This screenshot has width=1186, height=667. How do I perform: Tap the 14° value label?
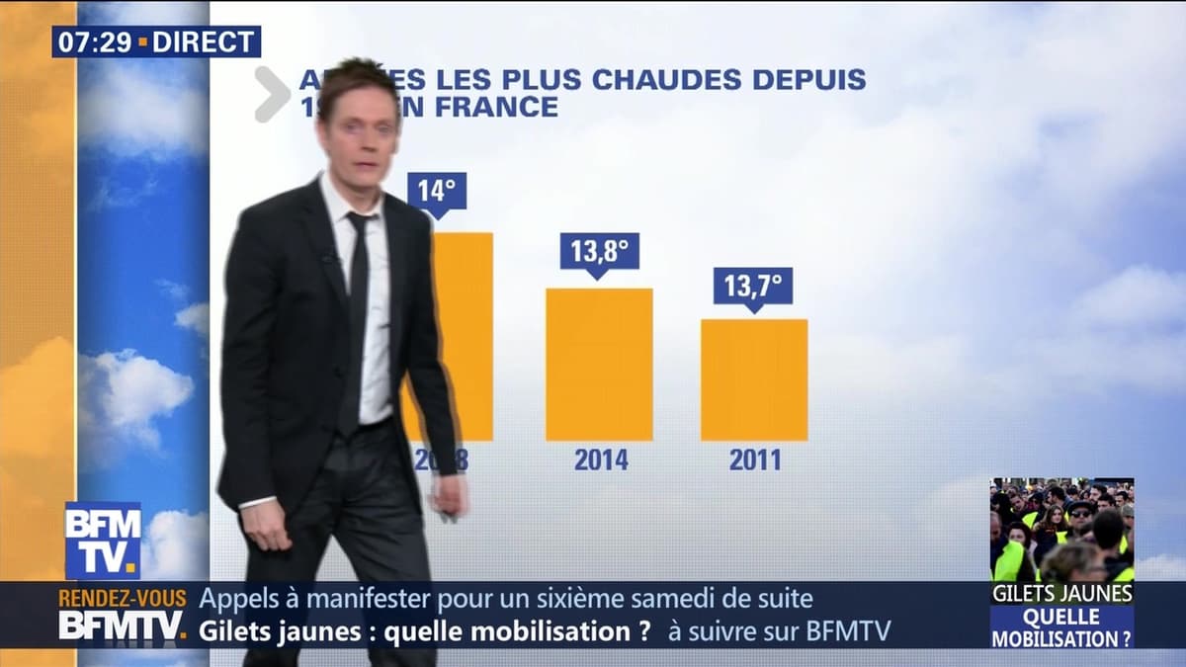click(x=436, y=191)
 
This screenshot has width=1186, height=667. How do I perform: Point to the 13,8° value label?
click(x=599, y=251)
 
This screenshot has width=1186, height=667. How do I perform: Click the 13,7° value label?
click(x=753, y=286)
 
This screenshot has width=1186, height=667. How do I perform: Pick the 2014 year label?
click(x=601, y=459)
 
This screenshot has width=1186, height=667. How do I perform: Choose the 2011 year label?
click(x=755, y=459)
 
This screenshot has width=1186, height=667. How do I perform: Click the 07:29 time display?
click(x=95, y=42)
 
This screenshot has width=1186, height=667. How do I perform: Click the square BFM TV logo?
click(x=103, y=540)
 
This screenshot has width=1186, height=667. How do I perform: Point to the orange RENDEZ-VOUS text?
click(x=123, y=599)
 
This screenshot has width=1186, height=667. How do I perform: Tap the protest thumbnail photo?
click(x=1061, y=530)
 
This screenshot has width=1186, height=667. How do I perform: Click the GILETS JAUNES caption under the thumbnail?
click(x=1062, y=593)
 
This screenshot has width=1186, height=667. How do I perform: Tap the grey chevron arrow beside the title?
click(x=271, y=94)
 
